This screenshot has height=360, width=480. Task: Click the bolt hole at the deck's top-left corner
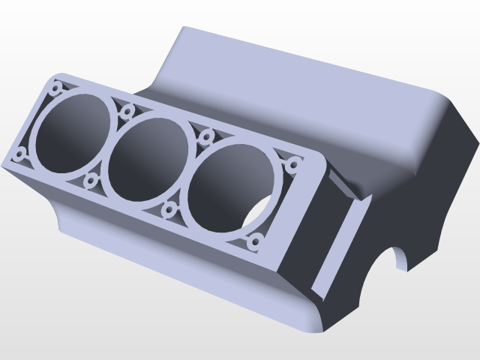pyautogui.click(x=56, y=88)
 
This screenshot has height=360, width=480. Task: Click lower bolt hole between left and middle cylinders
pyautogui.click(x=91, y=181)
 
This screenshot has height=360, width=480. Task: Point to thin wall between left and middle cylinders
pyautogui.click(x=109, y=147)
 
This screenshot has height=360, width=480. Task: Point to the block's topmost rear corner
pyautogui.click(x=184, y=29)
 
